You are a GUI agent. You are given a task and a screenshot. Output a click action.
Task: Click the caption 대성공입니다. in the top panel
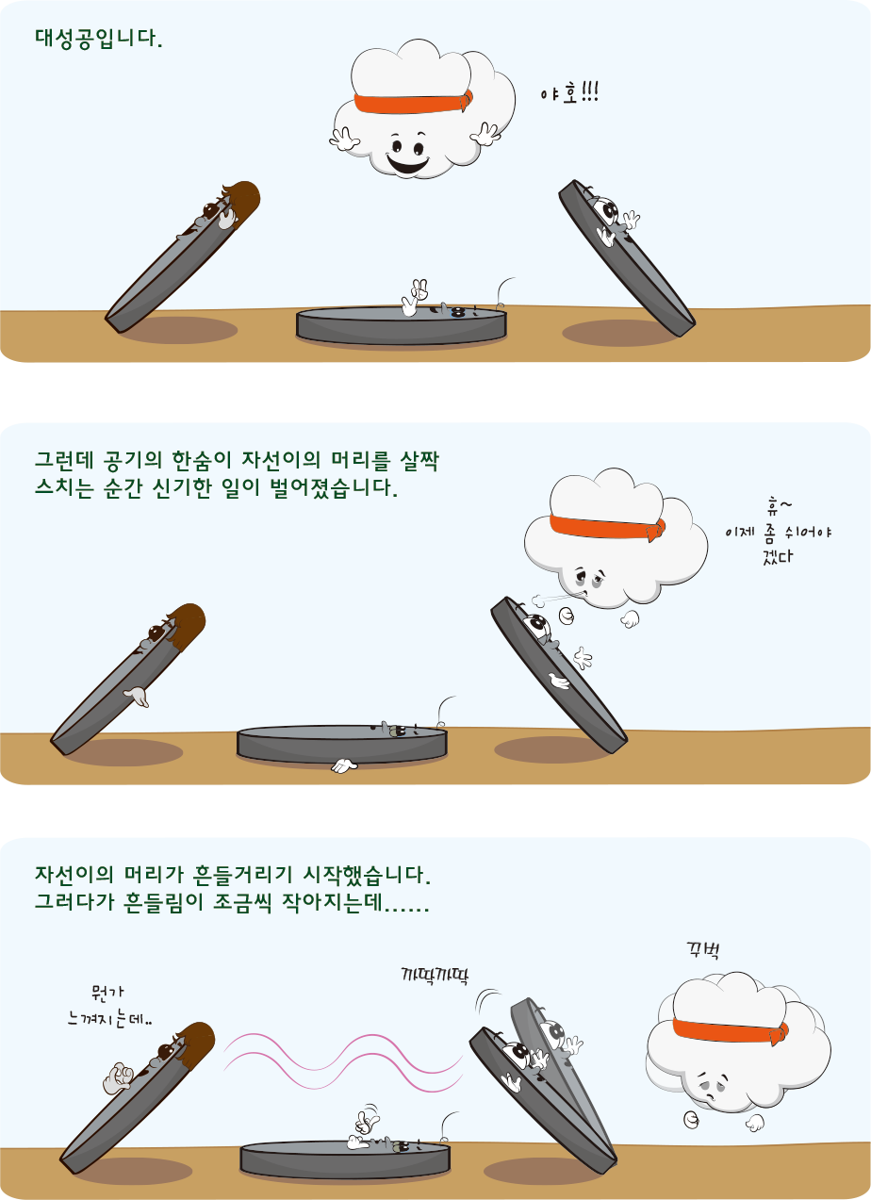99,39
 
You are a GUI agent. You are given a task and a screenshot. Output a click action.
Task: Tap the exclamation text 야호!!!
569,93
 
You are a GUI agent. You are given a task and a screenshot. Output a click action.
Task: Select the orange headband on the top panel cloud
413,103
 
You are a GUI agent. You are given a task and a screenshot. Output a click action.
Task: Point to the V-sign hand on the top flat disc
415,297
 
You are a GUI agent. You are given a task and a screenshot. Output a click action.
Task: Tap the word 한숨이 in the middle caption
201,460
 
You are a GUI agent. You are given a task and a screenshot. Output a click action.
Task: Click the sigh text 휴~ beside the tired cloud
779,505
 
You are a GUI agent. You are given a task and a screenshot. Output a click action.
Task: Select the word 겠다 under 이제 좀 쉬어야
778,556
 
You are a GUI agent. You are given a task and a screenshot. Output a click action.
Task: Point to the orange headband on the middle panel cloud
607,527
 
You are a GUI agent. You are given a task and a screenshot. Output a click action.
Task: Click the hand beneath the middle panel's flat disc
344,766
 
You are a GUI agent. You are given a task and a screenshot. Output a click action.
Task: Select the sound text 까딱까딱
435,975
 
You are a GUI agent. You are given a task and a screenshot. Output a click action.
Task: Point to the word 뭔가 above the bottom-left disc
107,993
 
